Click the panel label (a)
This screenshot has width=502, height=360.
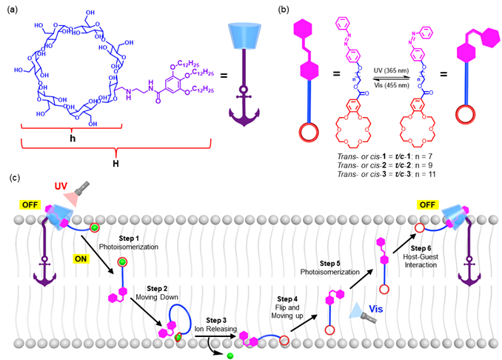pos(13,10)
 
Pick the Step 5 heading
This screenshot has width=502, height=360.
pos(329,263)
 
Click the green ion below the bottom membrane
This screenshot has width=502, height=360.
pos(230,356)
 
